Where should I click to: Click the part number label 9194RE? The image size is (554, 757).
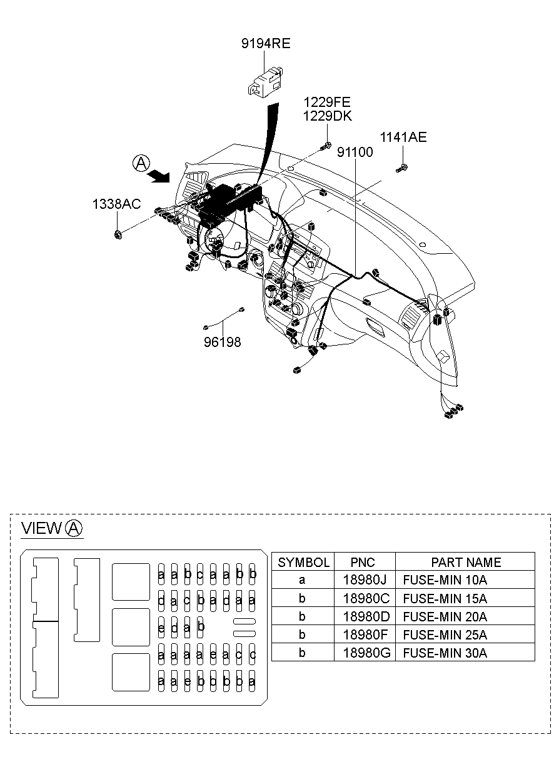[266, 43]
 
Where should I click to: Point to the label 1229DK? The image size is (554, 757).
[328, 116]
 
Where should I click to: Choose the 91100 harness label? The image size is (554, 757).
[355, 152]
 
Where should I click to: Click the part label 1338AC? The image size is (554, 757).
[117, 204]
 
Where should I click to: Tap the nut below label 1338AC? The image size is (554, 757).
[118, 234]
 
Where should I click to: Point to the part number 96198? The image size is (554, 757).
[222, 342]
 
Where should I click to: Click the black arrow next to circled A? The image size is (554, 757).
[160, 177]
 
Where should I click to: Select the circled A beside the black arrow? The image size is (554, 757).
[141, 163]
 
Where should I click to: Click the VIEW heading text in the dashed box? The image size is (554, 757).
[41, 528]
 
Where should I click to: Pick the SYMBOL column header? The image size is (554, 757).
[303, 562]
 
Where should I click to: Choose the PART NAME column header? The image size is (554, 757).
[465, 562]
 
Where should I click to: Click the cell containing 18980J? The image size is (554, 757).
[365, 580]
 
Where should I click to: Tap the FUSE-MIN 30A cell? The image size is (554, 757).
[445, 653]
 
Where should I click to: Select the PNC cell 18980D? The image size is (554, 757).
[365, 616]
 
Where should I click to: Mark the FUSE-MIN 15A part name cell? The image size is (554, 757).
[445, 598]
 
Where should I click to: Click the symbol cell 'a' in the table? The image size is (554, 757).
[303, 580]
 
